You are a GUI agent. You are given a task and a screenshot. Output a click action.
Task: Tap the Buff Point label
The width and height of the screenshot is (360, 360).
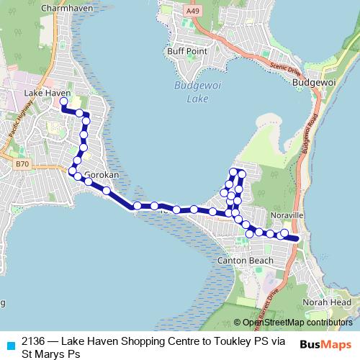coord(186,51)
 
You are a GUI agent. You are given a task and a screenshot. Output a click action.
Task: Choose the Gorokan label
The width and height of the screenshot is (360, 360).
coord(101,174)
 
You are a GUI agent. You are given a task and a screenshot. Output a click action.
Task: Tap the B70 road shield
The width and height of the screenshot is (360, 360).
coord(22,165)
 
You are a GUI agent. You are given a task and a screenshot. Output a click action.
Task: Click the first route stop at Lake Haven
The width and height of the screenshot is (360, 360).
coord(63,102)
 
